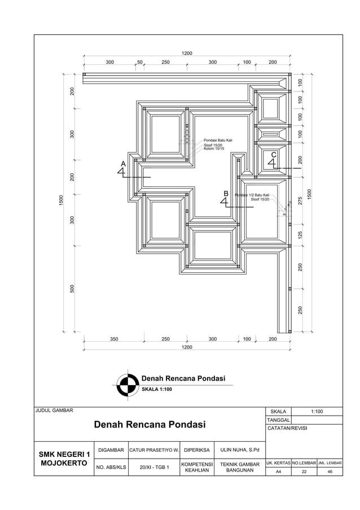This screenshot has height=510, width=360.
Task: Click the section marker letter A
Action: [x=123, y=163]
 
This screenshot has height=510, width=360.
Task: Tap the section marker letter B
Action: [x=226, y=193]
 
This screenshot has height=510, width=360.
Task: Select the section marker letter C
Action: [x=274, y=154]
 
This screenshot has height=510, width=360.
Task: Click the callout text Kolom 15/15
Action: [x=213, y=149]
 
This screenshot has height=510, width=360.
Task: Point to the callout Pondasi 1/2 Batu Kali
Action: [x=252, y=195]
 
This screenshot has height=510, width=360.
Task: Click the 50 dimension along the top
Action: [x=140, y=62]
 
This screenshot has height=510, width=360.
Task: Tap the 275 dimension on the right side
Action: [x=300, y=200]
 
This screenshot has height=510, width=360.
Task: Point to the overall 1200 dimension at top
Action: [x=187, y=53]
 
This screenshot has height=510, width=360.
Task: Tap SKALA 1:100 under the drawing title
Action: [x=157, y=390]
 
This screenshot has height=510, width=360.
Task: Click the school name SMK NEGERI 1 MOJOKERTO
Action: [x=64, y=459]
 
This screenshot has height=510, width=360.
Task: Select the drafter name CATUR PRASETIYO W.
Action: [x=154, y=450]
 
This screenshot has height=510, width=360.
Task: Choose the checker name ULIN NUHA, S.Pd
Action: [x=240, y=450]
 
